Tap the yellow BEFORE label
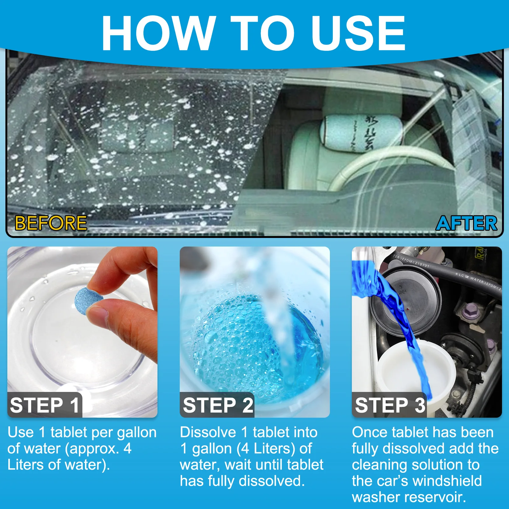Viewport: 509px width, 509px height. pyautogui.click(x=51, y=223)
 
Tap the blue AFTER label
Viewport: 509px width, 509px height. pyautogui.click(x=466, y=223)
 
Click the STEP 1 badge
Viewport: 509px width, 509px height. pyautogui.click(x=45, y=405)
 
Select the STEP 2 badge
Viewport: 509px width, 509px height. pyautogui.click(x=218, y=405)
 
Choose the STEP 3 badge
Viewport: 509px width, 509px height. pyautogui.click(x=390, y=405)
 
